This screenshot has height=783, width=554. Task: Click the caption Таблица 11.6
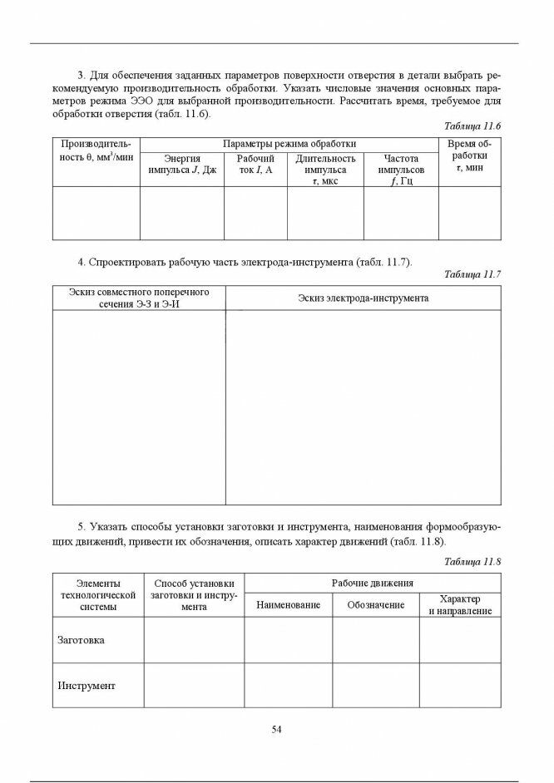[472, 126]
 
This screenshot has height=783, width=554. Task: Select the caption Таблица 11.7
[472, 274]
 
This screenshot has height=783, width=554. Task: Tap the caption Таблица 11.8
[472, 562]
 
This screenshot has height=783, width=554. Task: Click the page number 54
[277, 730]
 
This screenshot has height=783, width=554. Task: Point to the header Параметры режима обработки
[289, 145]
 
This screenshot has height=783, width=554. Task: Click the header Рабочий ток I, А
[255, 164]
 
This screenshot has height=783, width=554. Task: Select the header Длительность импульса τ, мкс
[325, 170]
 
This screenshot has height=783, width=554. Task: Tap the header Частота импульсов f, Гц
[401, 170]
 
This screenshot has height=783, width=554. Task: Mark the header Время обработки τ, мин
[470, 155]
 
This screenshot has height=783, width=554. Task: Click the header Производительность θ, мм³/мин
[96, 150]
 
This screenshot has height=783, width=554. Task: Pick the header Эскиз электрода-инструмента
[363, 298]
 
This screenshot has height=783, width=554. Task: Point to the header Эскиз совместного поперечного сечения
[138, 298]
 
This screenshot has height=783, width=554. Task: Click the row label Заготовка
[81, 640]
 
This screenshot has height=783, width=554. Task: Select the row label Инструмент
[87, 686]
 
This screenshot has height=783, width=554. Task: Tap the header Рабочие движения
[373, 584]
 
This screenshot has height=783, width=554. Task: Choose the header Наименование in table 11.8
[288, 605]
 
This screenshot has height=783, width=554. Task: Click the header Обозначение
[376, 605]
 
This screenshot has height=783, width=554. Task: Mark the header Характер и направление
[460, 605]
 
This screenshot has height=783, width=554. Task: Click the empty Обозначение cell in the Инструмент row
[376, 686]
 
